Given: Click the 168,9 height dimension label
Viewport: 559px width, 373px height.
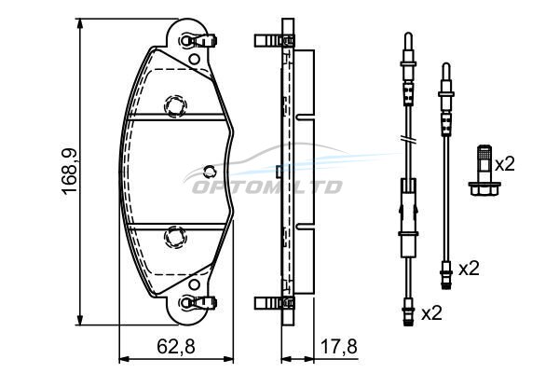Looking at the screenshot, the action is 70,171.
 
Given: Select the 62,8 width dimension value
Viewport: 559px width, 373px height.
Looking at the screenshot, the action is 176,346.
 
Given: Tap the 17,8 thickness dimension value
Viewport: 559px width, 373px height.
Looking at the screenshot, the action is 339,346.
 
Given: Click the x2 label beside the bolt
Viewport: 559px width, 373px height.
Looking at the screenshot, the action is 505,164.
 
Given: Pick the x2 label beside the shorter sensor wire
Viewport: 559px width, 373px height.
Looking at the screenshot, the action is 470,269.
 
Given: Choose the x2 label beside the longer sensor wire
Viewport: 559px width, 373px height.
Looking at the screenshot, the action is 431,313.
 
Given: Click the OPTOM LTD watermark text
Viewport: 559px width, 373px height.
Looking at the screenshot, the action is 267,187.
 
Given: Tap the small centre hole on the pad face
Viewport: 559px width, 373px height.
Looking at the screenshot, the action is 210,172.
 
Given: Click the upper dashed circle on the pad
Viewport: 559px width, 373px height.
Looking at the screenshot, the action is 175,106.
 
